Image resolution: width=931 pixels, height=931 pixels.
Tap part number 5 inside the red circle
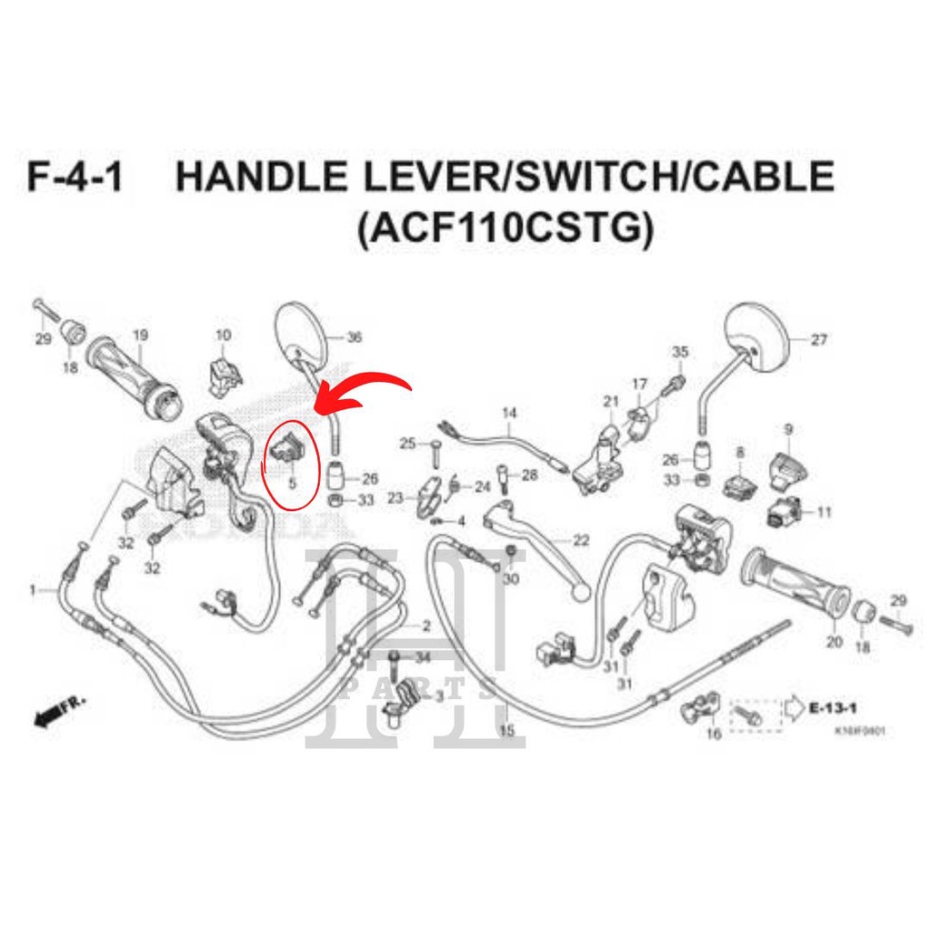293,484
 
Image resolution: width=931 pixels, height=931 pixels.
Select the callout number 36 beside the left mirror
355,337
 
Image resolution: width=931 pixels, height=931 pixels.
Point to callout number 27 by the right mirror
818,341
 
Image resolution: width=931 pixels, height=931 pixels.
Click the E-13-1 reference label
836,706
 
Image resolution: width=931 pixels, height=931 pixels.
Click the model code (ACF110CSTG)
505,229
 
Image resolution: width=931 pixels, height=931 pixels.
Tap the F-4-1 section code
75,176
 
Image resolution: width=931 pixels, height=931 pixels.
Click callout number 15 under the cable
506,729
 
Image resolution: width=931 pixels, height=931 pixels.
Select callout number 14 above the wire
509,413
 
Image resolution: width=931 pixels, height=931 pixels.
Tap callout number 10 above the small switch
223,335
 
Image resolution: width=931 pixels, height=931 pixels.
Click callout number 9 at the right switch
787,428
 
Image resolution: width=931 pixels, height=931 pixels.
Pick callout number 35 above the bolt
680,352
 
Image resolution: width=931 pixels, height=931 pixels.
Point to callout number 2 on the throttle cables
425,627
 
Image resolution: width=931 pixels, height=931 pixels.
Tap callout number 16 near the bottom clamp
714,733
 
